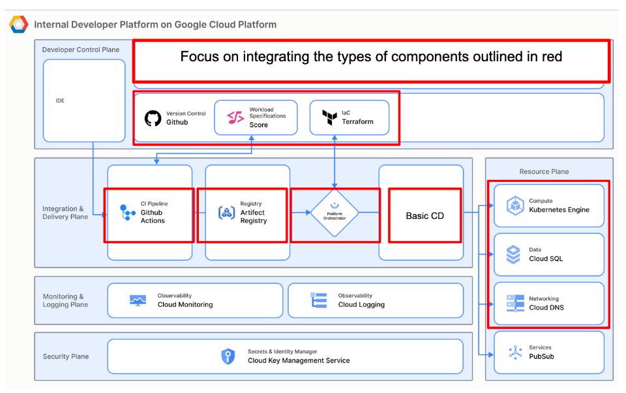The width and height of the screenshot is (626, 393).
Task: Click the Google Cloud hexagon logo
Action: [18, 25]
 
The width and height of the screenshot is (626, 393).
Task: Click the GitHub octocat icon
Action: [153, 118]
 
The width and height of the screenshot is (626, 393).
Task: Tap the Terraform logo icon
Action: [329, 118]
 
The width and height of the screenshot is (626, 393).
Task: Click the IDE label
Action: [60, 101]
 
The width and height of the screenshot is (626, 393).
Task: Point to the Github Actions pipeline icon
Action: [127, 212]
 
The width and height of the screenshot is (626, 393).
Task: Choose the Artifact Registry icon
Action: [226, 212]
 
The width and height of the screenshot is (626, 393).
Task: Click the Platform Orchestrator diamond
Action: [335, 212]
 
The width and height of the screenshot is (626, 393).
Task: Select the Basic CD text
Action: [425, 216]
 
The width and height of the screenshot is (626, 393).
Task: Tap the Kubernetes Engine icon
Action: [514, 206]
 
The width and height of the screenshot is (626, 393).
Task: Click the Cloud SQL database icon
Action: [514, 254]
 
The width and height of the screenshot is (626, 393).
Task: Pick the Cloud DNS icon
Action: [514, 303]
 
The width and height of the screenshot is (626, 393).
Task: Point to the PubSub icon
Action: [514, 353]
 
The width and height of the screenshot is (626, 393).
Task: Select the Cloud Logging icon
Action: [318, 300]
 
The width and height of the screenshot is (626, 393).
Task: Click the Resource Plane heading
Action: [544, 171]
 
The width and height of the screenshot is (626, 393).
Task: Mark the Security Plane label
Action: [66, 357]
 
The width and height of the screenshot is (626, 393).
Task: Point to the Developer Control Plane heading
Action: [81, 50]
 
